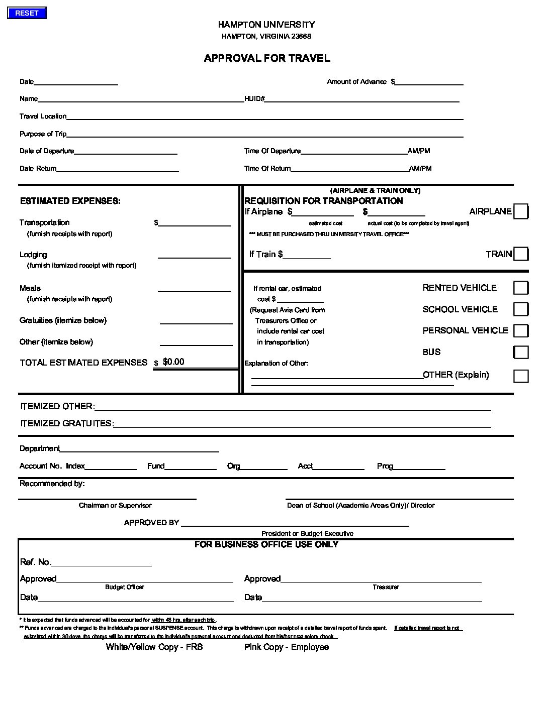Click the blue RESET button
pyautogui.click(x=27, y=14)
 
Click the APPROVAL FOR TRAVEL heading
pyautogui.click(x=267, y=58)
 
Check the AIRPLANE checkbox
pyautogui.click(x=520, y=212)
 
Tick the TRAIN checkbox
pyautogui.click(x=520, y=254)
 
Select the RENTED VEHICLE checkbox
pyautogui.click(x=520, y=288)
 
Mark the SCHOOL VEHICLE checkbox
pyautogui.click(x=520, y=309)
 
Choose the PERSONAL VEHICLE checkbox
pyautogui.click(x=520, y=330)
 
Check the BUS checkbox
pyautogui.click(x=520, y=352)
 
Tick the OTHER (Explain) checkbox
pyautogui.click(x=520, y=376)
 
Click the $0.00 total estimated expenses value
pyautogui.click(x=173, y=362)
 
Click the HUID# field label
pyautogui.click(x=254, y=99)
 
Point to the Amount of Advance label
pyautogui.click(x=356, y=82)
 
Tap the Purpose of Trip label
pyautogui.click(x=43, y=134)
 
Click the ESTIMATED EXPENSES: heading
pyautogui.click(x=70, y=201)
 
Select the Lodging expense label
pyautogui.click(x=33, y=255)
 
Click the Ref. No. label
pyautogui.click(x=35, y=562)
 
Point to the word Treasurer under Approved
pyautogui.click(x=386, y=587)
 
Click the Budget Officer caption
pyautogui.click(x=125, y=587)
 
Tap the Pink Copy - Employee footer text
pyautogui.click(x=286, y=647)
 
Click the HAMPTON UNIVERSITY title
pyautogui.click(x=266, y=25)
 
